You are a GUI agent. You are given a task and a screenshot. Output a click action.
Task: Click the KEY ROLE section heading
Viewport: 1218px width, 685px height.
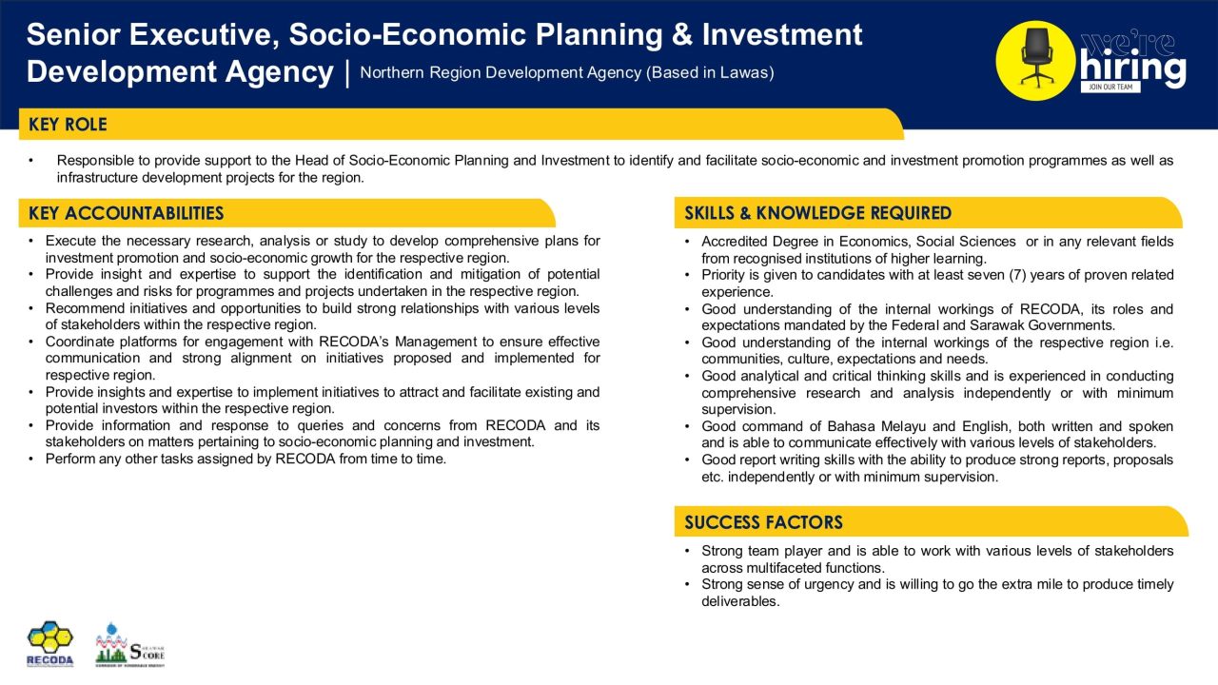coord(68,125)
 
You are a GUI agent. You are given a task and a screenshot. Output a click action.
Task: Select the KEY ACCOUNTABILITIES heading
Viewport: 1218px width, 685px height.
coord(126,213)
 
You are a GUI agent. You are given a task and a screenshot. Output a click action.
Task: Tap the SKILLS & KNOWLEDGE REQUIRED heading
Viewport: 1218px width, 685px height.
coord(817,213)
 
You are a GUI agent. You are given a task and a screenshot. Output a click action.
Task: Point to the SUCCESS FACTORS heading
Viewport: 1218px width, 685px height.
coord(763,522)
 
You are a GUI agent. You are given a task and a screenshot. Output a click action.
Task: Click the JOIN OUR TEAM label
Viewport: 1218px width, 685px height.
coord(1110,88)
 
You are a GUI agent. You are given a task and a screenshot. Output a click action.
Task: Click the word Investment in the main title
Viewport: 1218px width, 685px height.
coord(782,35)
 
